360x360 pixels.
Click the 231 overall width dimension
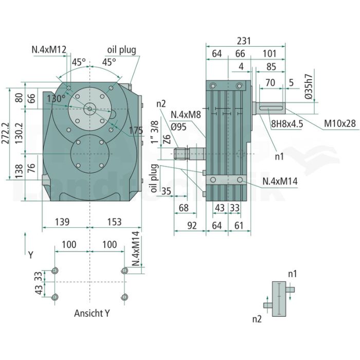[244, 41]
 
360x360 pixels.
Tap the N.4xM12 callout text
[49, 49]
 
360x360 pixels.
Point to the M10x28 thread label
[339, 123]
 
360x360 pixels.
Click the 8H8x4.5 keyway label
[287, 124]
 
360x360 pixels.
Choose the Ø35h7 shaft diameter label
[309, 86]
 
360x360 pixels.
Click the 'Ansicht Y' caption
[92, 313]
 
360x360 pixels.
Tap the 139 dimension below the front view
[62, 222]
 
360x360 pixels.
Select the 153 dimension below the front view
[114, 222]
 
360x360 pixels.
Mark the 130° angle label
[56, 99]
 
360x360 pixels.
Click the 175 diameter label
[136, 131]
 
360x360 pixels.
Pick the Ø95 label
[178, 127]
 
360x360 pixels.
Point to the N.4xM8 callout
[186, 114]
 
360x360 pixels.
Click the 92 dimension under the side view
[192, 225]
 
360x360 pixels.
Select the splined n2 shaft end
[182, 154]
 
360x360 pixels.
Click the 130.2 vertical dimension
[19, 133]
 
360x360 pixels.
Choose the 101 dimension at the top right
[269, 53]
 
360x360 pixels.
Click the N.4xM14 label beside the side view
[280, 181]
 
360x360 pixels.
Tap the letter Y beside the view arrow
[31, 255]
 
